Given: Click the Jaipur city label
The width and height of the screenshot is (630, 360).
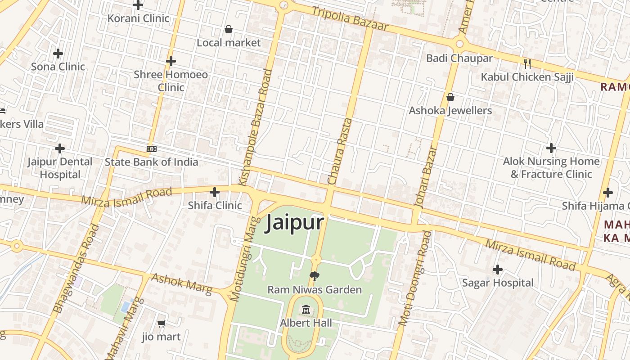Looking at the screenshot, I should click(x=295, y=222).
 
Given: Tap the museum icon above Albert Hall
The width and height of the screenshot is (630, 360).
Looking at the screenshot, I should click(x=306, y=309).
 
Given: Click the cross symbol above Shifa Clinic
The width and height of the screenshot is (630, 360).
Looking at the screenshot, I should click(x=215, y=192).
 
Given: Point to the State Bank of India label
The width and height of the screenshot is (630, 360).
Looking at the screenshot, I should click(x=151, y=162).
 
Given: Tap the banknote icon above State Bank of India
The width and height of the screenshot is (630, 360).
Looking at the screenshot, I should click(x=152, y=148).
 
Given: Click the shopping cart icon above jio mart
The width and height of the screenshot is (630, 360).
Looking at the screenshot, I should click(x=161, y=324).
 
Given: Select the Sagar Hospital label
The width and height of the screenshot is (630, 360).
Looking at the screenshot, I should click(x=498, y=283).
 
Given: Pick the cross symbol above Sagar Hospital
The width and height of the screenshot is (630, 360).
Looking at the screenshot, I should click(x=497, y=270).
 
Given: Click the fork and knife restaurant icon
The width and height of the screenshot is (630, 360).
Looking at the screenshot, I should click(x=527, y=63).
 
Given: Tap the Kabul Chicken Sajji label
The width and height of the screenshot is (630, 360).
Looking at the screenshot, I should click(x=527, y=77).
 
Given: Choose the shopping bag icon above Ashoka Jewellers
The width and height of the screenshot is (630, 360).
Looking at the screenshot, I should click(x=450, y=97).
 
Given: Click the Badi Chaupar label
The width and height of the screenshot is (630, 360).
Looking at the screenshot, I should click(x=459, y=58).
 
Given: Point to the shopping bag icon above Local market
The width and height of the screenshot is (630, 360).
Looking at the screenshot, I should click(x=229, y=30).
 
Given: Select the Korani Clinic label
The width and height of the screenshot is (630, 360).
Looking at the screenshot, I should click(x=138, y=18).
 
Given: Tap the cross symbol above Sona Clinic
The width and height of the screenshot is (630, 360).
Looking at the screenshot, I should click(x=58, y=54).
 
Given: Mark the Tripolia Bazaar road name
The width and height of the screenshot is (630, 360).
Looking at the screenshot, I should click(x=350, y=19).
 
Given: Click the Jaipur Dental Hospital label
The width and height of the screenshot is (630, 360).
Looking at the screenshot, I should click(x=60, y=168).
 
